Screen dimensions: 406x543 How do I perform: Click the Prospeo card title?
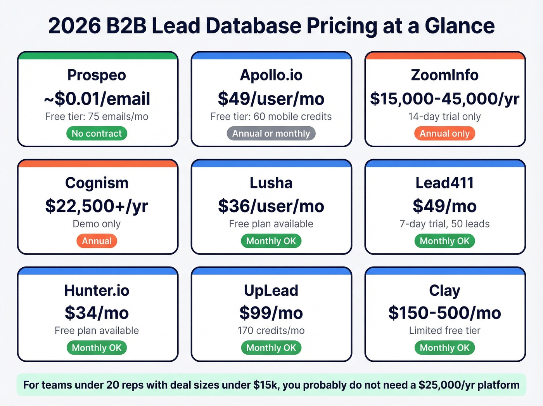tap(97, 75)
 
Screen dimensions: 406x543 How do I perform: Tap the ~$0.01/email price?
tap(97, 99)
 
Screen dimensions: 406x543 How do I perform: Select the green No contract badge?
tap(97, 133)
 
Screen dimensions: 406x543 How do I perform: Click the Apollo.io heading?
tap(271, 75)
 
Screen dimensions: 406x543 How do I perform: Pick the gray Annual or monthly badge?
tap(271, 133)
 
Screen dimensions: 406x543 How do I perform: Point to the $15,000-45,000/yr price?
tap(444, 99)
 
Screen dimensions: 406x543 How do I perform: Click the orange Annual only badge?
tap(444, 133)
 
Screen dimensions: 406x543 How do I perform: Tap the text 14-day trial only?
tap(444, 117)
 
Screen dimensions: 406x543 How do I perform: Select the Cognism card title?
tap(97, 183)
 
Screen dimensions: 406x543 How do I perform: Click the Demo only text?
tap(97, 224)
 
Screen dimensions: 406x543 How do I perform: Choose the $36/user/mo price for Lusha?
tap(271, 206)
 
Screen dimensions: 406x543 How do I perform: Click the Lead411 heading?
tap(444, 183)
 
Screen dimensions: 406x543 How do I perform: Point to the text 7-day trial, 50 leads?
tap(444, 224)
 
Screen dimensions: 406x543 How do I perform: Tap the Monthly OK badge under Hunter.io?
tap(97, 348)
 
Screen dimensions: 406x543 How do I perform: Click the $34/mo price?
tap(97, 313)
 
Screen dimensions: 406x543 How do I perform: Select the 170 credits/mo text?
tap(271, 331)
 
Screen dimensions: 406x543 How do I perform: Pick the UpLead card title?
tap(271, 290)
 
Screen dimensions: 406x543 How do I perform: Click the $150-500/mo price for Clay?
tap(444, 313)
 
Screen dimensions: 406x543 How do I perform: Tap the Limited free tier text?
tap(444, 331)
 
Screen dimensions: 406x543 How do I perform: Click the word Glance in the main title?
tap(460, 26)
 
